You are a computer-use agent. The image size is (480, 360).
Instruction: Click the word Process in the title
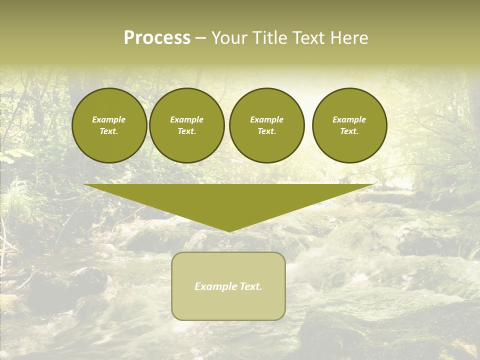[157, 38]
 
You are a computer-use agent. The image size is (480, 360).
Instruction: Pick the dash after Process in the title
[201, 39]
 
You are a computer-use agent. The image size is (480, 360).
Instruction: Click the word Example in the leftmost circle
[109, 119]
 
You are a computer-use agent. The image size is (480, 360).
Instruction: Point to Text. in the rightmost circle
[349, 131]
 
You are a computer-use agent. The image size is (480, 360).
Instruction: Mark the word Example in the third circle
[266, 119]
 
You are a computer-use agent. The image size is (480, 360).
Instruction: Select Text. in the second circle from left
[186, 131]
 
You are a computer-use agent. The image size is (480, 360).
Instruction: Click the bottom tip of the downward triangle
[229, 230]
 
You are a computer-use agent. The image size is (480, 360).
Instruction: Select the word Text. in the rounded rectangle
[249, 286]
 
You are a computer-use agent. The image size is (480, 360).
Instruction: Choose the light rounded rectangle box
[228, 305]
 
